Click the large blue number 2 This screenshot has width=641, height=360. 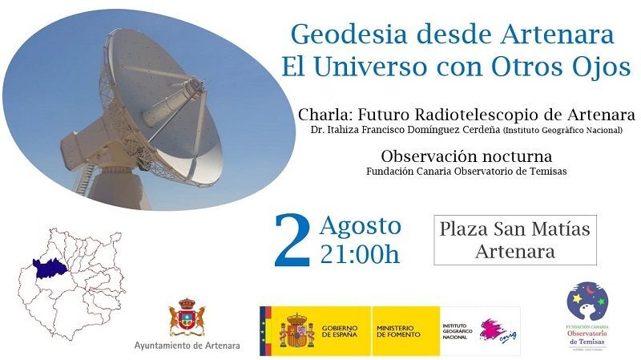click(291, 241)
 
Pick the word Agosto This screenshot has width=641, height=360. click(360, 225)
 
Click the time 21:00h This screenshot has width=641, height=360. click(359, 255)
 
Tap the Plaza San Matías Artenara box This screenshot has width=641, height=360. click(514, 240)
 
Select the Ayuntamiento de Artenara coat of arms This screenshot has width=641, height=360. click(187, 318)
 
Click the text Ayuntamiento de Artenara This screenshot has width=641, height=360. click(187, 346)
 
